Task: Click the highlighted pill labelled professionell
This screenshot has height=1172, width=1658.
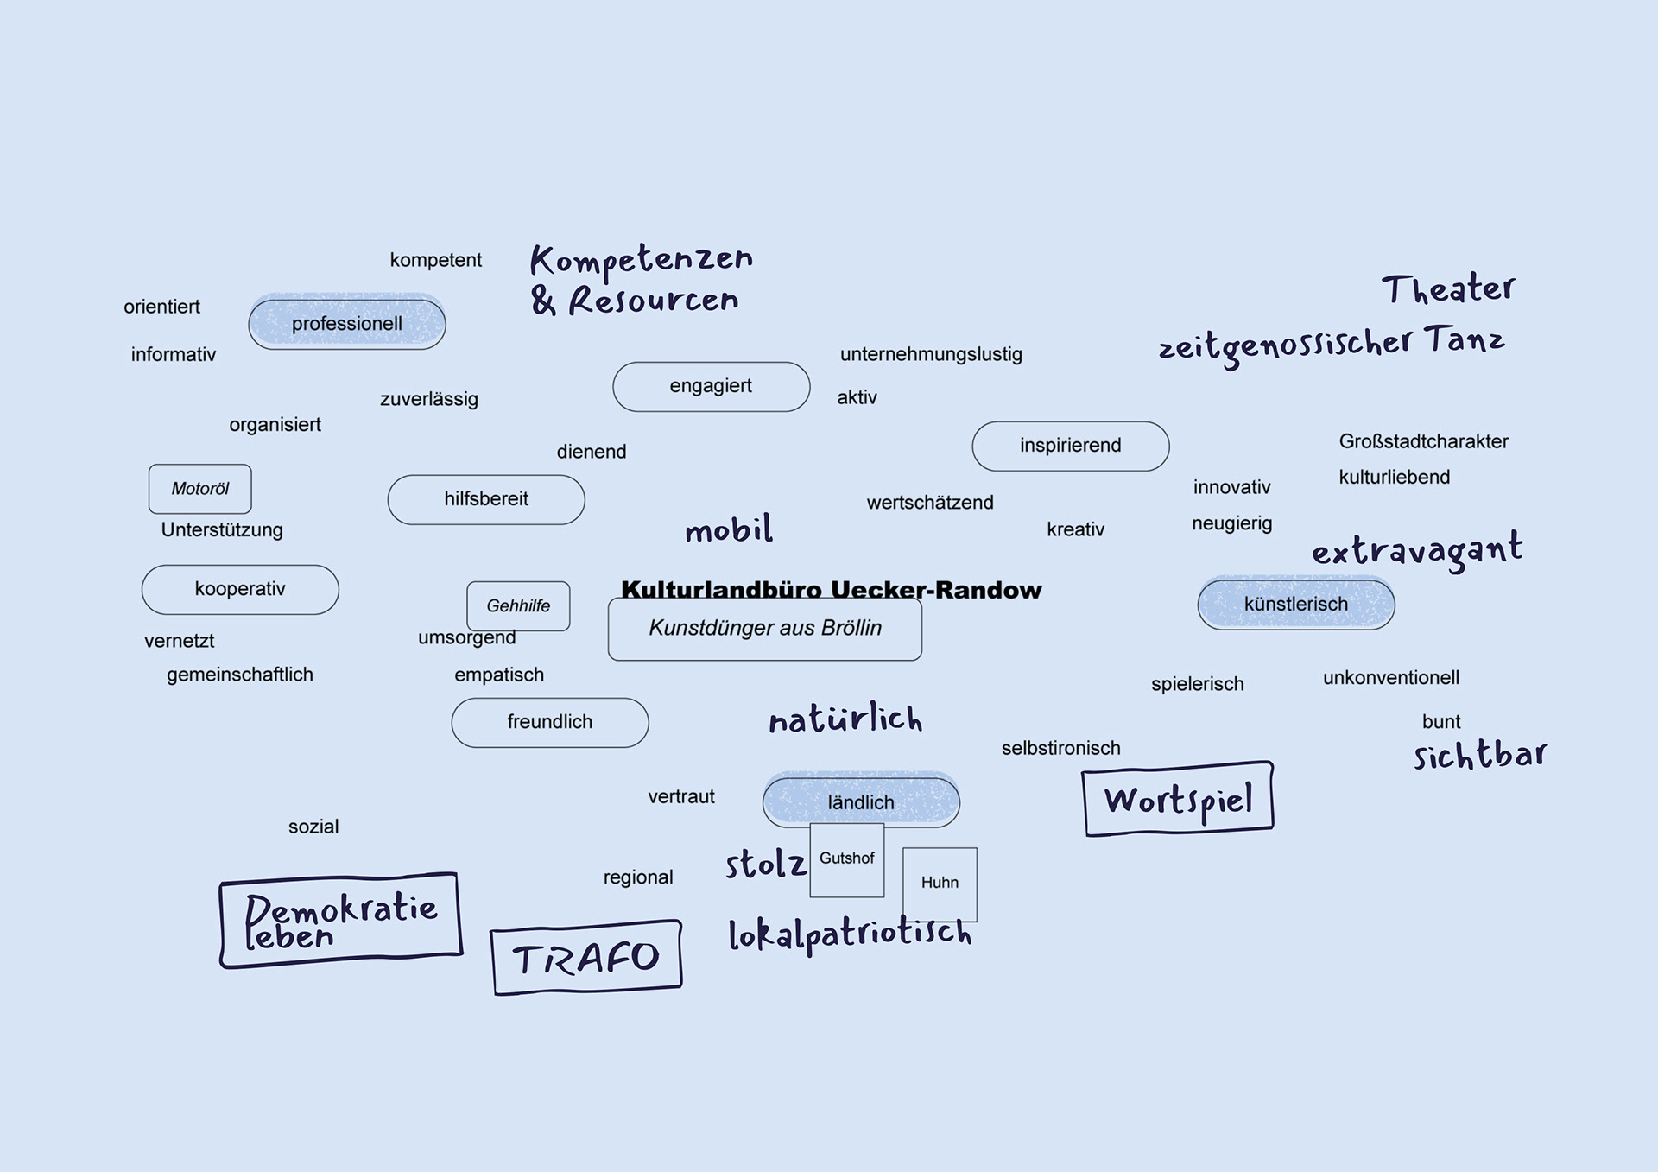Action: click(346, 324)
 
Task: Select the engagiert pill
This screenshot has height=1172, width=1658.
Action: click(711, 386)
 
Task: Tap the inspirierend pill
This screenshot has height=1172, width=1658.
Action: click(1070, 446)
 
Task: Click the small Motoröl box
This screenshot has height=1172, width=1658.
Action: click(199, 489)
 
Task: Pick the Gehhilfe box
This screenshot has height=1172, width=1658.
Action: click(518, 605)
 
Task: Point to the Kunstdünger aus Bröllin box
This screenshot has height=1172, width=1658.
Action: click(764, 629)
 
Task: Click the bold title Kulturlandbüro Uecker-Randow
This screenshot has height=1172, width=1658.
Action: click(831, 589)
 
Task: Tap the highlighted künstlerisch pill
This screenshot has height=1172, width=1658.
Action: click(1295, 605)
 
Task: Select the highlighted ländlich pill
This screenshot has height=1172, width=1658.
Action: click(860, 802)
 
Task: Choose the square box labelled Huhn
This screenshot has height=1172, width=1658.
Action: click(940, 883)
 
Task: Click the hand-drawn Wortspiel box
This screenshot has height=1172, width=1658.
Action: click(1178, 800)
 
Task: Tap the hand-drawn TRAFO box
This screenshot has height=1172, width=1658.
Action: click(585, 959)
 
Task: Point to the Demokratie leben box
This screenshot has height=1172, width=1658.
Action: click(340, 921)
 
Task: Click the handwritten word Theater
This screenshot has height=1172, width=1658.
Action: click(1448, 288)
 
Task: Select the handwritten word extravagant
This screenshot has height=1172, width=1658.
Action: click(1416, 550)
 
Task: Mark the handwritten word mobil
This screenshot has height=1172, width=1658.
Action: click(729, 529)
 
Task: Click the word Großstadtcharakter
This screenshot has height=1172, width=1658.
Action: click(1423, 441)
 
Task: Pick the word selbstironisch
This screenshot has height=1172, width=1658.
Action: click(1060, 748)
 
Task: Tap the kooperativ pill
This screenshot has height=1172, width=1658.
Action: click(240, 589)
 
